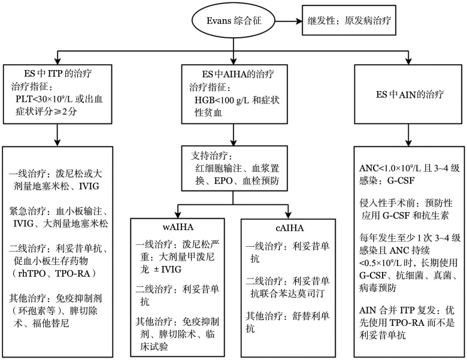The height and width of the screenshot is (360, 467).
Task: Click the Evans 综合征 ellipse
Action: (233, 21)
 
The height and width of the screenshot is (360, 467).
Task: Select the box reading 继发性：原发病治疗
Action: (349, 20)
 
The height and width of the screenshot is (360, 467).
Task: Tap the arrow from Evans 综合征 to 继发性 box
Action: (289, 21)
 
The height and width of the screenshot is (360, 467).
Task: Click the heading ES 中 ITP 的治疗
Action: (58, 74)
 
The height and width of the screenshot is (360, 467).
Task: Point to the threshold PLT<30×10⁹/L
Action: (44, 99)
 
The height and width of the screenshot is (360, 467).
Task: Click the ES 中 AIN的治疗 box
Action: (408, 94)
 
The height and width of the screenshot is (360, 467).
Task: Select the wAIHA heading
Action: (178, 227)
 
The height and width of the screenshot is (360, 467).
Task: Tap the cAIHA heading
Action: (290, 228)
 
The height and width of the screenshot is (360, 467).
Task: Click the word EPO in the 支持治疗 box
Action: (223, 181)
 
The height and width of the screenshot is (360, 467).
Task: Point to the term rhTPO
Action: (32, 273)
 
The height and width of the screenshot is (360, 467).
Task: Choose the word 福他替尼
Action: (51, 323)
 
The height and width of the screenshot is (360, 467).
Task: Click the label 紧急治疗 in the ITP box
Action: (28, 211)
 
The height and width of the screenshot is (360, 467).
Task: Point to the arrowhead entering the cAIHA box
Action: (288, 215)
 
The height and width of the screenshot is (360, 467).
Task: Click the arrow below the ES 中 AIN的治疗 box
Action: (408, 135)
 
